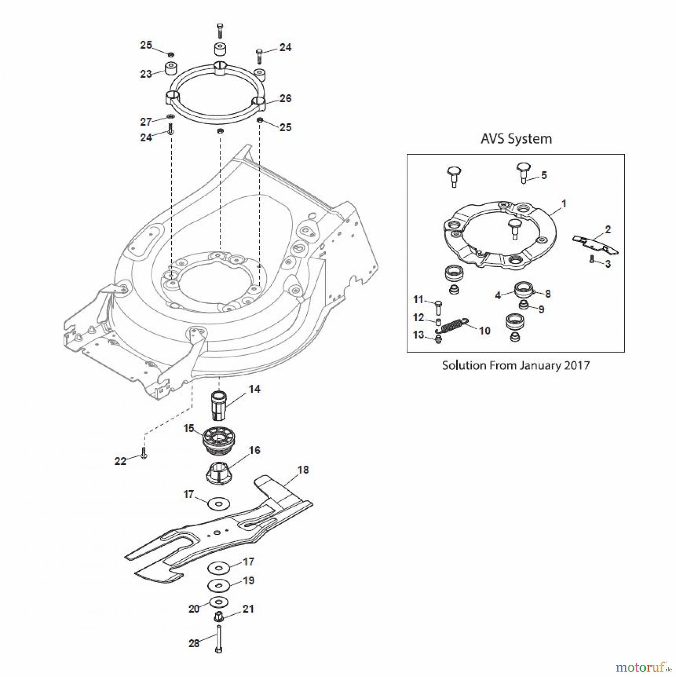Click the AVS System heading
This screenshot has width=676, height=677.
(516, 139)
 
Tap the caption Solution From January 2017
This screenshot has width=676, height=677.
(516, 365)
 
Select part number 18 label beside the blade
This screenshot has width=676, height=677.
(303, 470)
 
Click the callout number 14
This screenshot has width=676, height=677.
(254, 389)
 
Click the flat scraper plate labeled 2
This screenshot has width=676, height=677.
(595, 244)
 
